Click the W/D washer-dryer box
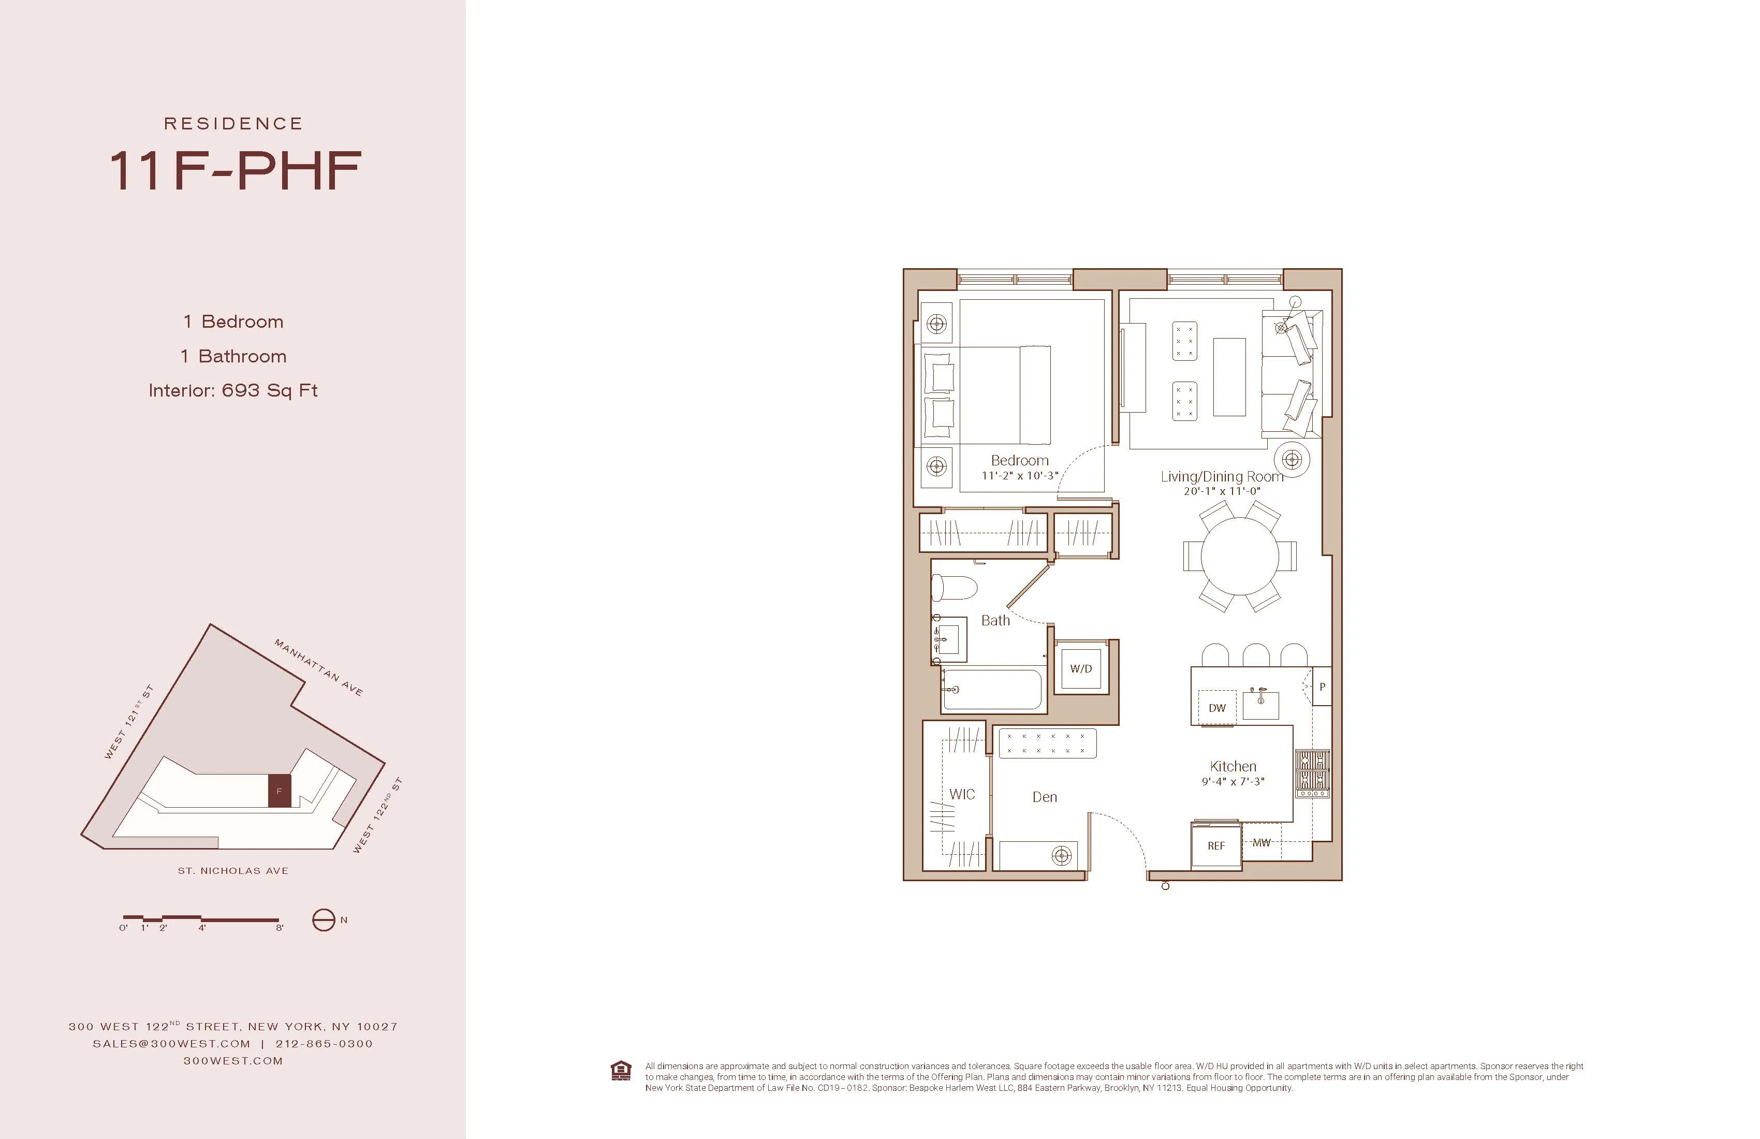1080,668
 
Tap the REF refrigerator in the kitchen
1216,845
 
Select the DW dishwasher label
1216,708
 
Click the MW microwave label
1262,842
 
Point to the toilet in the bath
955,589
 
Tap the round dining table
1239,556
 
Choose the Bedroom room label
1019,460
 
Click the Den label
1044,797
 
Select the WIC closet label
961,794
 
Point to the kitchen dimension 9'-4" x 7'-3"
1233,781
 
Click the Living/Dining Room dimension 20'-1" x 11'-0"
1222,491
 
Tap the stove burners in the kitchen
1312,771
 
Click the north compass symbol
324,920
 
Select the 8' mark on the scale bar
280,927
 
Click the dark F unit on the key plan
279,791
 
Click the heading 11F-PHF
235,171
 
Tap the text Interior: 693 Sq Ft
233,390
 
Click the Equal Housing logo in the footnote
621,1070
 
